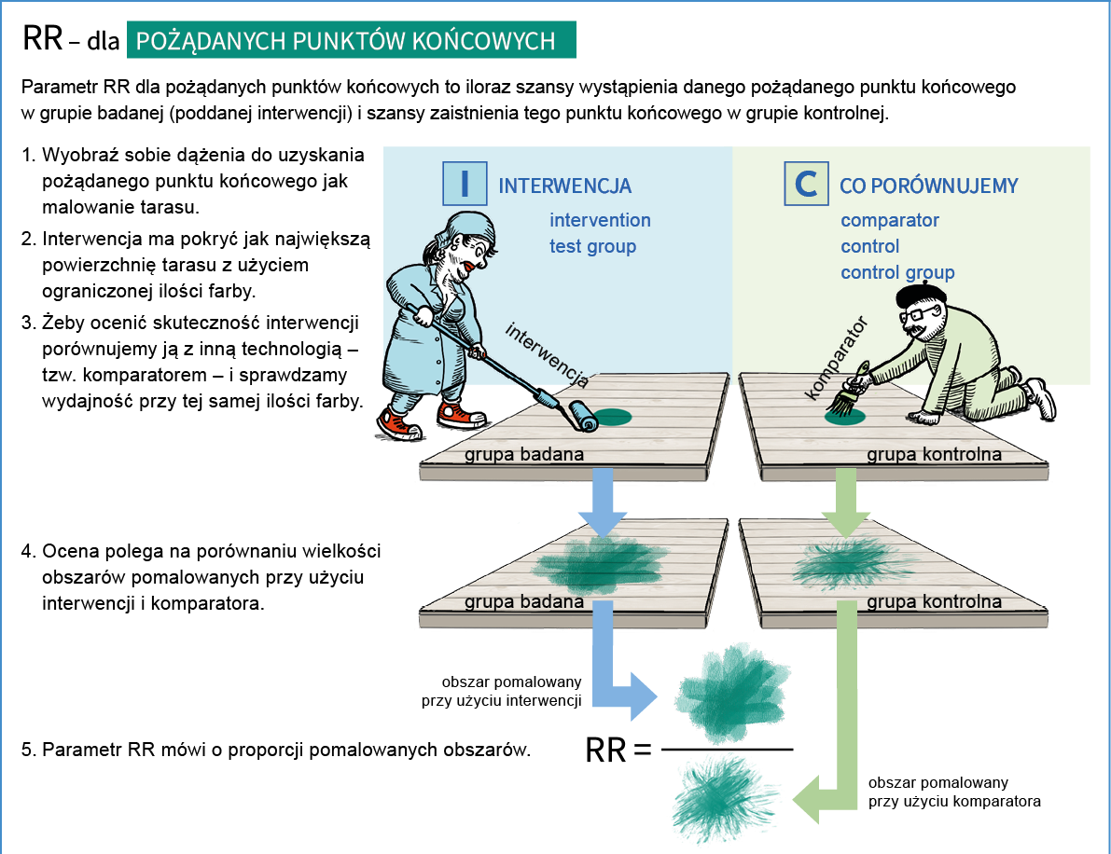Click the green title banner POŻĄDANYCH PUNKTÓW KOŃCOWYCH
point(352,40)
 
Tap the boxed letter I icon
point(463,185)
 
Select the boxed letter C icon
point(806,185)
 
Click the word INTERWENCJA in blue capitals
point(565,186)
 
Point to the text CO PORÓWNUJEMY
point(928,186)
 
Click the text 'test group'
point(592,246)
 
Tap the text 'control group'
point(897,272)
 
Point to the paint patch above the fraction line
point(729,688)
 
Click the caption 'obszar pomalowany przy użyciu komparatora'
point(953,792)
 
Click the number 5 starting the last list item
point(27,749)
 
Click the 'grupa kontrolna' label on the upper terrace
point(934,455)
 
